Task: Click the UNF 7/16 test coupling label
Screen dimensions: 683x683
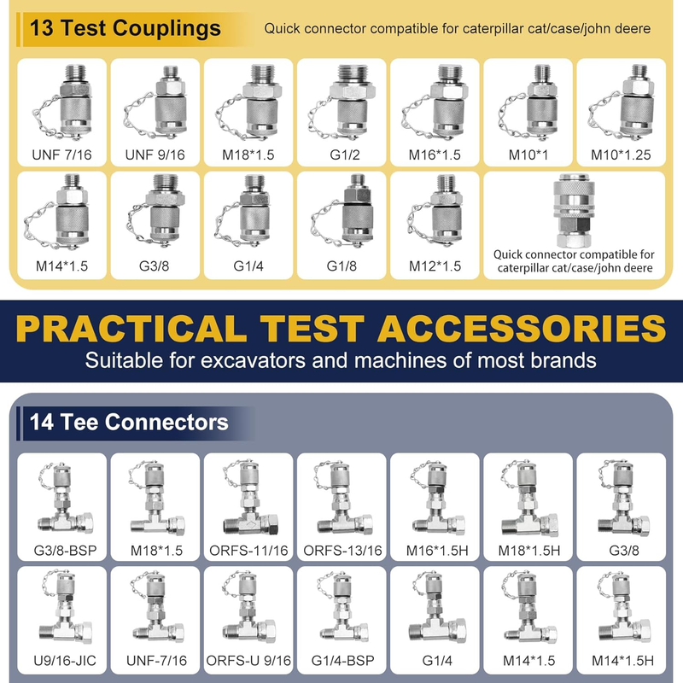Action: point(61,155)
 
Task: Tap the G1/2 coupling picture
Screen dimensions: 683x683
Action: point(342,102)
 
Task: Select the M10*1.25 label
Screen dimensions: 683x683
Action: point(621,155)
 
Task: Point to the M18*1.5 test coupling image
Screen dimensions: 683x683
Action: point(248,102)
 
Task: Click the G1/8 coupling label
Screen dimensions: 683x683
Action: point(341,266)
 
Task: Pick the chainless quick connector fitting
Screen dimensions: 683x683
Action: point(574,211)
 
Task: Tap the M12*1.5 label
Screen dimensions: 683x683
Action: point(435,266)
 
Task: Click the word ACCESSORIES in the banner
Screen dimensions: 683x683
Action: point(522,329)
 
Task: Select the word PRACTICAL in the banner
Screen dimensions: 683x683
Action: point(131,329)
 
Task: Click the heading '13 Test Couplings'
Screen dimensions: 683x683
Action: point(125,28)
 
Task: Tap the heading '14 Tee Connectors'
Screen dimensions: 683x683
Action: point(129,422)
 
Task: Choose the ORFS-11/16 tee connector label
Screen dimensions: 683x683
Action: point(248,551)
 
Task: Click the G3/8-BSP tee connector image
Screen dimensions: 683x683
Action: point(67,499)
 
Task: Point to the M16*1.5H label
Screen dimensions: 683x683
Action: point(437,551)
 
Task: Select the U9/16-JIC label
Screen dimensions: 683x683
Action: point(65,661)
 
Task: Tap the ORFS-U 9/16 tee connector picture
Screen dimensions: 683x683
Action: point(248,609)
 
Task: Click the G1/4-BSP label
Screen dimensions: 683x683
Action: point(343,661)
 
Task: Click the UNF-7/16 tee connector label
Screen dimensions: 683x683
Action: point(156,661)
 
